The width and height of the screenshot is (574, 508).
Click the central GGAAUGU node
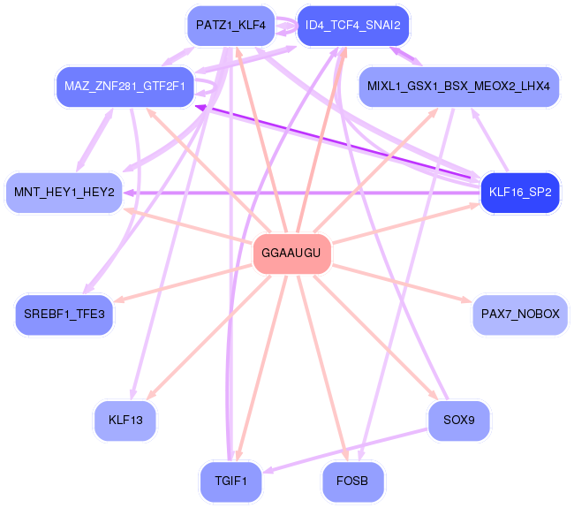(292, 255)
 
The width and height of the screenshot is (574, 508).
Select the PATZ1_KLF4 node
(230, 26)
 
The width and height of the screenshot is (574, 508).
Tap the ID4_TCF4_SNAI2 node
(352, 26)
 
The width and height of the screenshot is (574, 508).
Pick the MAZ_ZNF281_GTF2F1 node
(124, 86)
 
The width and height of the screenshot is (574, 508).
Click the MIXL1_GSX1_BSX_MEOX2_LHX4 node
(459, 86)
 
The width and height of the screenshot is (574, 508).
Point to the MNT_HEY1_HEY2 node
(64, 192)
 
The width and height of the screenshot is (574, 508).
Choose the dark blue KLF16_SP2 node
(520, 192)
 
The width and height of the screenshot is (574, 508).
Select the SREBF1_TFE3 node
(64, 315)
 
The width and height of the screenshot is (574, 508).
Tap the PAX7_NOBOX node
(520, 315)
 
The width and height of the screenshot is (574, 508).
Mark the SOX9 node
(458, 420)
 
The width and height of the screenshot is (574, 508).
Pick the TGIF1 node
(230, 481)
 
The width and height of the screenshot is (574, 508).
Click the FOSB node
(352, 481)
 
